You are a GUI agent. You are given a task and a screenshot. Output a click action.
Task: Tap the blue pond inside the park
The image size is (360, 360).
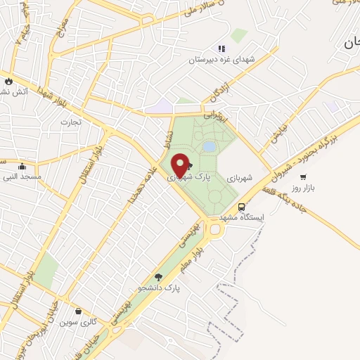(x=210, y=146)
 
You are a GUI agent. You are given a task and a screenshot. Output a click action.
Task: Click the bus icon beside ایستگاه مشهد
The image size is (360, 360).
(x=242, y=207)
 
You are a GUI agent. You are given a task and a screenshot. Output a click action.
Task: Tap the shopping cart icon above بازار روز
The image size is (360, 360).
(x=303, y=177)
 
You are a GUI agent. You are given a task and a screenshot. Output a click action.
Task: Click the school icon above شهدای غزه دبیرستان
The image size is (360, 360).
(x=221, y=49)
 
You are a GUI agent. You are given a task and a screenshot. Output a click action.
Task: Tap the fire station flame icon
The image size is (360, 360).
(x=8, y=80)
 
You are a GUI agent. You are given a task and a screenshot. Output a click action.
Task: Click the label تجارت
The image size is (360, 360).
(x=70, y=122)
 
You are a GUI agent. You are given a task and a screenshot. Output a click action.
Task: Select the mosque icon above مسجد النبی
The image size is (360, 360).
(x=23, y=167)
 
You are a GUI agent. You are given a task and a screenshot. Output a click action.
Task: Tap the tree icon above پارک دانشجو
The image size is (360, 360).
(x=158, y=277)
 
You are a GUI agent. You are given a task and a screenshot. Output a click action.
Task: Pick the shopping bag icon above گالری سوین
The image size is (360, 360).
(x=77, y=311)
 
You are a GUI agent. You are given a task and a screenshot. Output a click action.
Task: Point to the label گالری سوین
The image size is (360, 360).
(x=77, y=322)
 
